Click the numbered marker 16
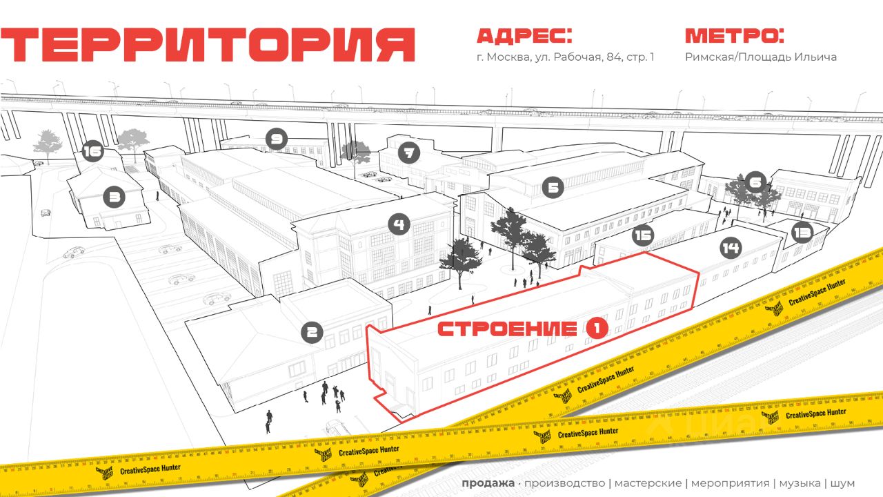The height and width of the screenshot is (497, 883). point(92,151)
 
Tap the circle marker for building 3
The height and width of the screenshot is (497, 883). point(114,198)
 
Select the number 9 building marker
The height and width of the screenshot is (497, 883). point(276,140)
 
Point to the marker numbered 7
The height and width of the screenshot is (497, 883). point(410,153)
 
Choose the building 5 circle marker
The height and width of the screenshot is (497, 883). point(553,187)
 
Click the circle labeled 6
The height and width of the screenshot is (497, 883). point(756,182)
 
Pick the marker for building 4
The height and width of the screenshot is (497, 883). point(399,224)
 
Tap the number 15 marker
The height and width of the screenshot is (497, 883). point(643,235)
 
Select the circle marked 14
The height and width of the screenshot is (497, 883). point(731,247)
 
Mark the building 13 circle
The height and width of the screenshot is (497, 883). point(802,233)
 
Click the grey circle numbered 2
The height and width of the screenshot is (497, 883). point(312,333)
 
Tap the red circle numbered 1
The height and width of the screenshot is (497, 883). point(597,329)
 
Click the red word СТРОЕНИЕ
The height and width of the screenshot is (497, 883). point(508,329)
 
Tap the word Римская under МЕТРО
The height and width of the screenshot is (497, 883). point(709,57)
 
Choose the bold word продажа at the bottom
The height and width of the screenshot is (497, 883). point(488,483)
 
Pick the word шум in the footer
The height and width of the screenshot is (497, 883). point(842,483)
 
